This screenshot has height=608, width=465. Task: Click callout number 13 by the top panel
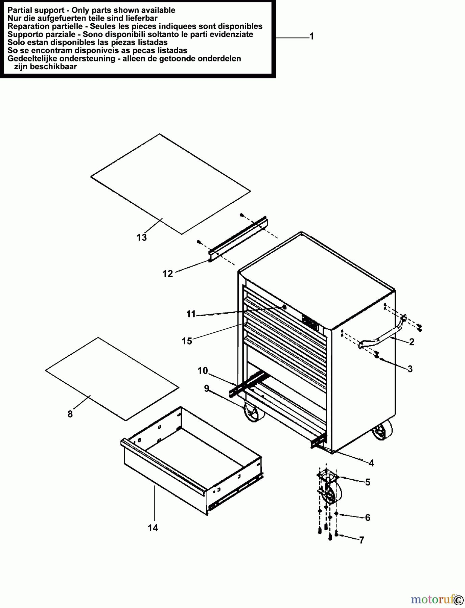pos(142,237)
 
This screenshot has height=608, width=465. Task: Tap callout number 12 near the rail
pos(168,274)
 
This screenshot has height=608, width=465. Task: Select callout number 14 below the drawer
pos(153,528)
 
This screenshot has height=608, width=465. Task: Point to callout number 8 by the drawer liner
pos(70,414)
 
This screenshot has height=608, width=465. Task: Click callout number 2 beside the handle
pos(412,342)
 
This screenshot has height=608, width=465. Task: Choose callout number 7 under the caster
pos(362,540)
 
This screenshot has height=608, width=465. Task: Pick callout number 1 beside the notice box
pos(312,36)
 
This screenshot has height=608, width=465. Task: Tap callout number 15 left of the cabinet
pos(187,341)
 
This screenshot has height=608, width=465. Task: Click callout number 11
pos(191,314)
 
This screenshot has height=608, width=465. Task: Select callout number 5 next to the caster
pos(368,482)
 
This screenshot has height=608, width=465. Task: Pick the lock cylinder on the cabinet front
pos(284,307)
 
